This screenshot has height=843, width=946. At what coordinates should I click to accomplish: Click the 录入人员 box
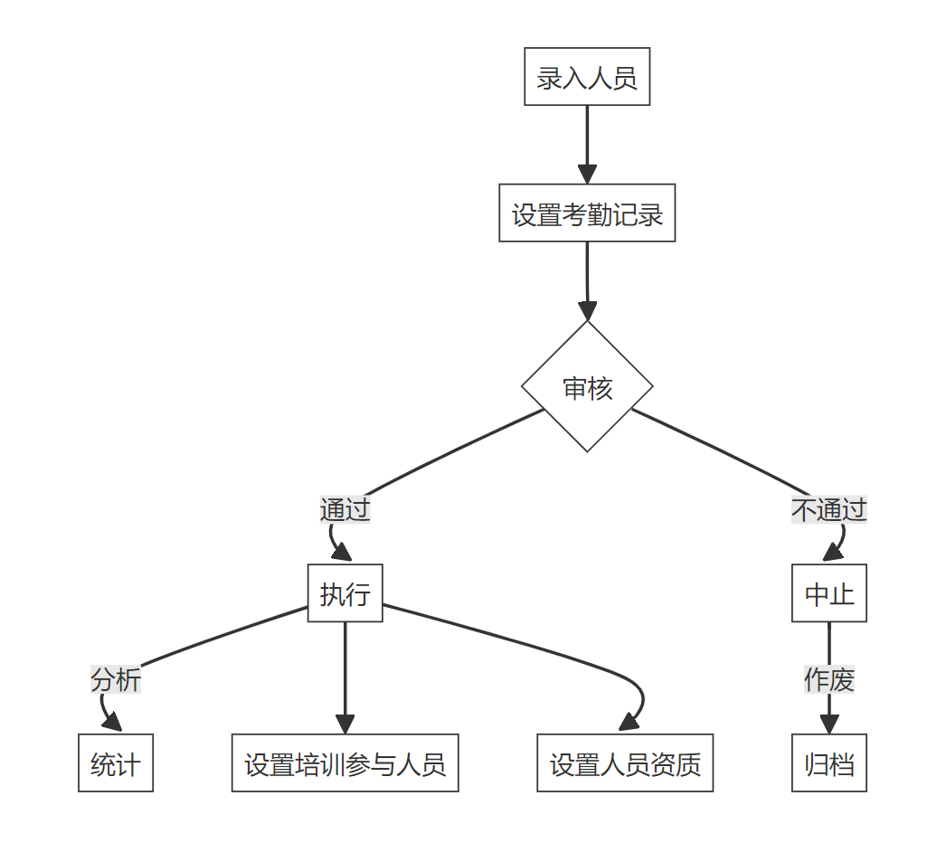coord(587,77)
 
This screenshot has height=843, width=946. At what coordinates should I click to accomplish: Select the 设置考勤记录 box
coord(587,213)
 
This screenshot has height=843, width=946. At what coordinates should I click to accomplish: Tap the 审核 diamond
coord(587,387)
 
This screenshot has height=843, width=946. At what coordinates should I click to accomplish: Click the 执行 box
coord(345,593)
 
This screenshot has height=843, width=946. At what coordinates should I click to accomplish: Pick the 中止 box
coord(828,593)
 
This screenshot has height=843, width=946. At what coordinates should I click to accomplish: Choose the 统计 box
coord(116,763)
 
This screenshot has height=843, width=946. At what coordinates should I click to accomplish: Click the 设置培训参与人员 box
coord(345,763)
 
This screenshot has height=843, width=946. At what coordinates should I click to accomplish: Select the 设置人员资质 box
coord(625,763)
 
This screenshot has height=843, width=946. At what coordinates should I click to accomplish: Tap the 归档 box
coord(828,763)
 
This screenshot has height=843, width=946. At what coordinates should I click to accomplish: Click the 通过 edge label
coord(345,509)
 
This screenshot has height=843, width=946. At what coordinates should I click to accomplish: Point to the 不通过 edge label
coord(828,509)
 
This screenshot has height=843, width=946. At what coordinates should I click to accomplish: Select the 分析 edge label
coord(116,678)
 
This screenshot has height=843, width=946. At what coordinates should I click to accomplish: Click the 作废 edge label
coord(828,678)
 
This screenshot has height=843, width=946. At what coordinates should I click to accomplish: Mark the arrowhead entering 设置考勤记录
coord(587,175)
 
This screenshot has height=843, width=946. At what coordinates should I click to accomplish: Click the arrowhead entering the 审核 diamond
coord(587,311)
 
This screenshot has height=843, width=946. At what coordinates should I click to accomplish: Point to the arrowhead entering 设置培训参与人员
coord(345,725)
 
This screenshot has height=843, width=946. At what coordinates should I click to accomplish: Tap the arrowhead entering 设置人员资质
coord(627,723)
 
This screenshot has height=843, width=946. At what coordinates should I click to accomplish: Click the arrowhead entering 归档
coord(828,725)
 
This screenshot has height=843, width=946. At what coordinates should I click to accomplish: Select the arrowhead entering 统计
coord(113,723)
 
